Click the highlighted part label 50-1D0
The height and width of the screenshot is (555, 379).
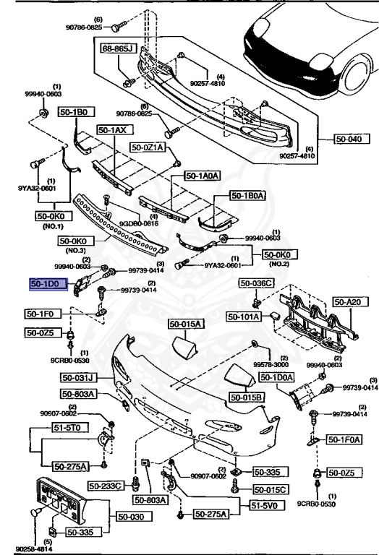[47, 285]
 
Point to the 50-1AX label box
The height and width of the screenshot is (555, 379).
[114, 130]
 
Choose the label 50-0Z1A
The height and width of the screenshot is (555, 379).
[148, 147]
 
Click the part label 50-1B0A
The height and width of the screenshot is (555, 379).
[248, 196]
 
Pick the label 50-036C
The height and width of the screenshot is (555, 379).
[258, 283]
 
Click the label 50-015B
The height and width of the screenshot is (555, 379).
[247, 397]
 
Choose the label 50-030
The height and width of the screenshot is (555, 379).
[132, 517]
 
